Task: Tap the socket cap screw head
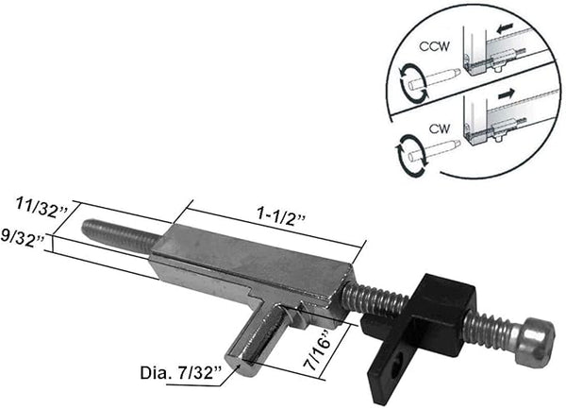(532, 339)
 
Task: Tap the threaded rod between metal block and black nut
(373, 301)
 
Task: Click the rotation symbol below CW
(412, 151)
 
